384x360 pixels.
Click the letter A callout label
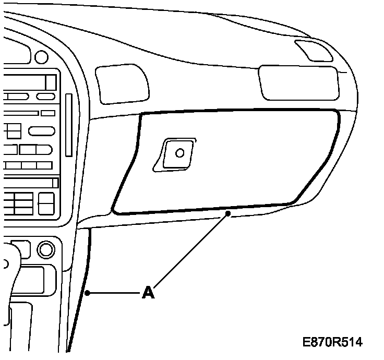[x=149, y=293]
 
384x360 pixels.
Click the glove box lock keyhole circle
[x=179, y=153]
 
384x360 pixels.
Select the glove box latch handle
[x=176, y=154]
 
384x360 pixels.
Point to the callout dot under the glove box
[x=228, y=214]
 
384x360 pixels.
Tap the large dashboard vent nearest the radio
[x=121, y=84]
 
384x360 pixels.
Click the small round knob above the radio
[x=40, y=56]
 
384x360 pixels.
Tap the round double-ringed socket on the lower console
[x=46, y=249]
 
